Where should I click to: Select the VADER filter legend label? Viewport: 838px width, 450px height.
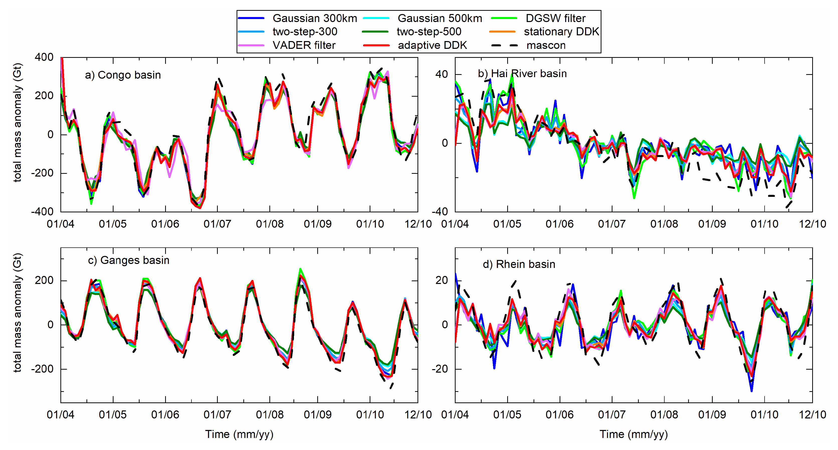tap(303, 45)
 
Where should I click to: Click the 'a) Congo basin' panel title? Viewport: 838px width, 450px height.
tap(123, 75)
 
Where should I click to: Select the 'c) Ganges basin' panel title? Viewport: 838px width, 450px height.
tap(129, 260)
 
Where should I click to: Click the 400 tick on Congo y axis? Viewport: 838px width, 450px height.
tap(44, 57)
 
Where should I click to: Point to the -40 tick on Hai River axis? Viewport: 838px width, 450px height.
tap(440, 212)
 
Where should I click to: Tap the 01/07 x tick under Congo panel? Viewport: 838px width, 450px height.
tap(217, 224)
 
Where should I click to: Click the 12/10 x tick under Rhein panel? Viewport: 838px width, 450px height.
tap(812, 414)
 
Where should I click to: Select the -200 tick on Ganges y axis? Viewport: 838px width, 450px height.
tap(42, 369)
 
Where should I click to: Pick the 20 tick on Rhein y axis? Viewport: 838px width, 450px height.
tap(442, 280)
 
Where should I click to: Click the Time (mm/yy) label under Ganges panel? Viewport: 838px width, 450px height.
tap(239, 434)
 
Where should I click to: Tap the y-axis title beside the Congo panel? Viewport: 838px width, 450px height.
tap(17, 123)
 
